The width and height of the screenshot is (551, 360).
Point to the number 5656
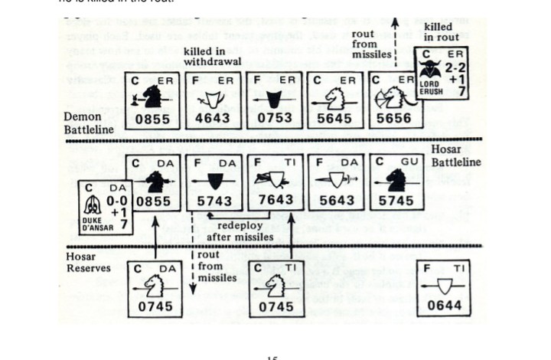(393, 119)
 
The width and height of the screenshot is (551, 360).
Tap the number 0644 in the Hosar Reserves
(448, 307)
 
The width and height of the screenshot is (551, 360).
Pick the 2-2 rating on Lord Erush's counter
(456, 67)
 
